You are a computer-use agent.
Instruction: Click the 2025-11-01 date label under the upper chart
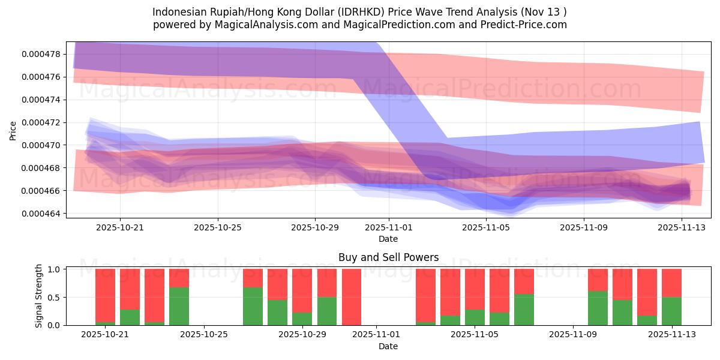[388, 227]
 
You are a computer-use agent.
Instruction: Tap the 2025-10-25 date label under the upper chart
[217, 227]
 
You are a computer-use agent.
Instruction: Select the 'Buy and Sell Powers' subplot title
[388, 257]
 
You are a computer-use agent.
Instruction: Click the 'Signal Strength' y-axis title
[39, 296]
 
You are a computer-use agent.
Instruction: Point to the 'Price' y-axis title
[13, 130]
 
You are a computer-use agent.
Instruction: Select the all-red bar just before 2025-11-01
[352, 297]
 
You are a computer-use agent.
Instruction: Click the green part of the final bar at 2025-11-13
[671, 311]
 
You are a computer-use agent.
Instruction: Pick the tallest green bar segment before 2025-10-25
[179, 307]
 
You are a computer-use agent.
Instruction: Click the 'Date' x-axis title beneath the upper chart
[388, 239]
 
